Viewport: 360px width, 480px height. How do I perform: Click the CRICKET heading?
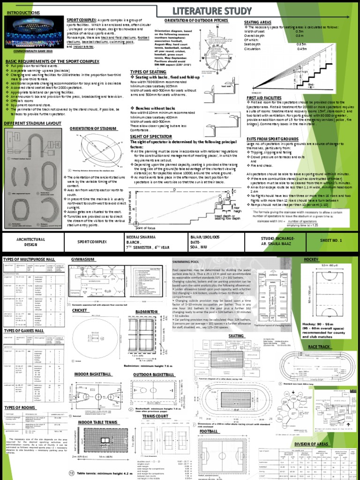tap(80, 310)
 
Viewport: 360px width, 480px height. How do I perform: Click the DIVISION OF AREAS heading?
tap(313, 443)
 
